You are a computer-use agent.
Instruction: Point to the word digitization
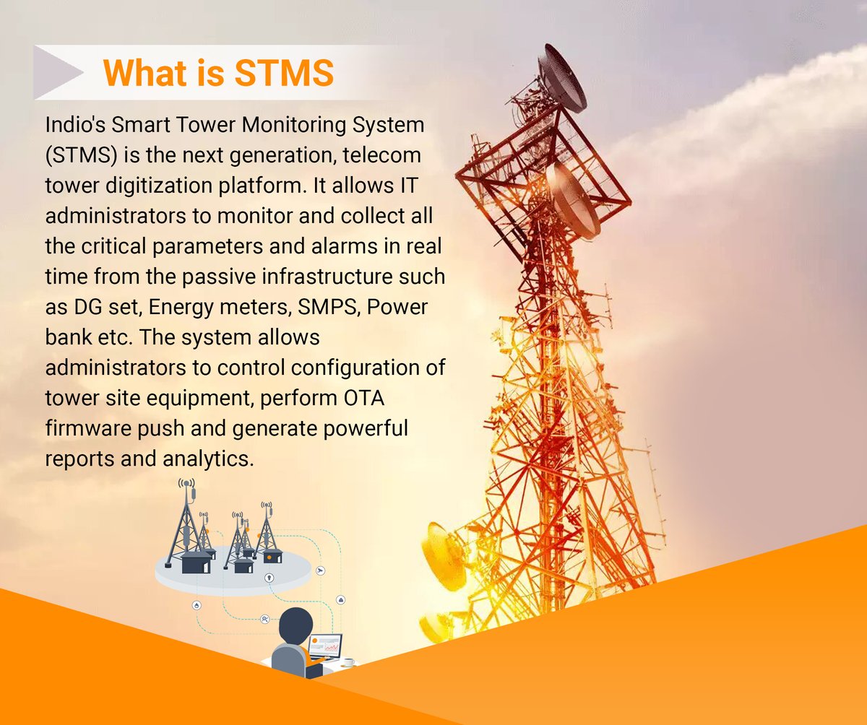(x=169, y=186)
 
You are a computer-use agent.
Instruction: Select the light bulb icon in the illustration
(x=269, y=577)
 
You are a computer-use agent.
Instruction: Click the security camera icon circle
(x=321, y=570)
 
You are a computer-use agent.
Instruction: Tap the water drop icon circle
(x=197, y=605)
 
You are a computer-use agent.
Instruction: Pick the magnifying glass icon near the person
(x=266, y=620)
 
